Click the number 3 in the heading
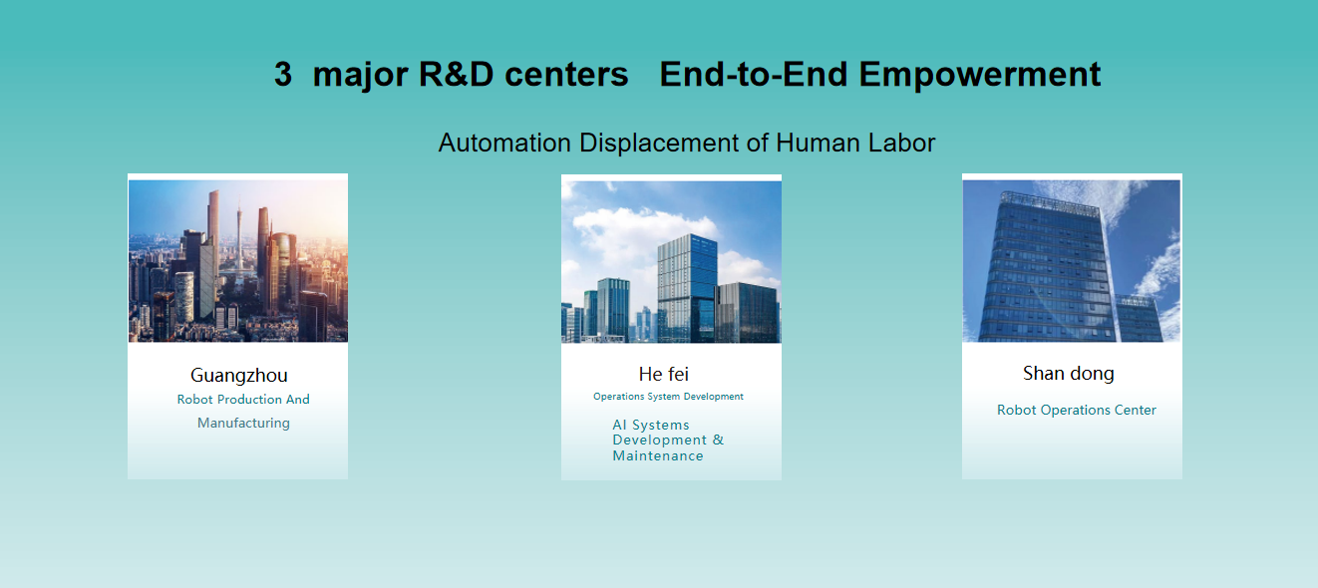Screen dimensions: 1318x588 pyautogui.click(x=283, y=74)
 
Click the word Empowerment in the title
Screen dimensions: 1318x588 pyautogui.click(x=979, y=76)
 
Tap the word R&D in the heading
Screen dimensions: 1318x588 pyautogui.click(x=456, y=74)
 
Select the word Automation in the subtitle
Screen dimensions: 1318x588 pyautogui.click(x=504, y=143)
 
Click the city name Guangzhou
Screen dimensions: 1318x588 pyautogui.click(x=239, y=376)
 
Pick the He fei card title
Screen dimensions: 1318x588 pyautogui.click(x=664, y=374)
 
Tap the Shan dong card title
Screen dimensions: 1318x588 pyautogui.click(x=1069, y=374)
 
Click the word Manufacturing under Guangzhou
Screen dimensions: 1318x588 pyautogui.click(x=243, y=424)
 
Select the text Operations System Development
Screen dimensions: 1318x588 pyautogui.click(x=668, y=397)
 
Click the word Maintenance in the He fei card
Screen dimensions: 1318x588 pyautogui.click(x=658, y=455)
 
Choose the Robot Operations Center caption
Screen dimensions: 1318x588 pyautogui.click(x=1076, y=410)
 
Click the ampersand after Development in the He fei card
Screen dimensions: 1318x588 pyautogui.click(x=718, y=440)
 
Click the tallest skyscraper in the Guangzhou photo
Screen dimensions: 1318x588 pyautogui.click(x=213, y=235)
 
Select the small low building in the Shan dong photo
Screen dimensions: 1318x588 pyautogui.click(x=1140, y=318)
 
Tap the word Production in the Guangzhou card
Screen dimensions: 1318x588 pyautogui.click(x=249, y=400)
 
